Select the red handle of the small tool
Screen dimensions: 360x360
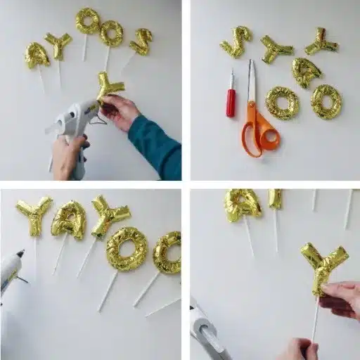231,103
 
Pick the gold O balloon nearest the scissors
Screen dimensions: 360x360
281,103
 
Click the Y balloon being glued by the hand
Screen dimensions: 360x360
109,87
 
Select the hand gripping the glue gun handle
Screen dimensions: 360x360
69,156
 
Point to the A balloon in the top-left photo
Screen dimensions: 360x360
37,56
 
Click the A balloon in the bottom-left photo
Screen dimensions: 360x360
69,219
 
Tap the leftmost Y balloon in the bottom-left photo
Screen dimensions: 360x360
34,215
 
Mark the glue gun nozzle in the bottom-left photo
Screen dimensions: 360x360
19,254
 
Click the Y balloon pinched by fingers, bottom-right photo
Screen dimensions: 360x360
323,266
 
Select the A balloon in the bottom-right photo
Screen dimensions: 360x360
243,204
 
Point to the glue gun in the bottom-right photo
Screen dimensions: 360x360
208,333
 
